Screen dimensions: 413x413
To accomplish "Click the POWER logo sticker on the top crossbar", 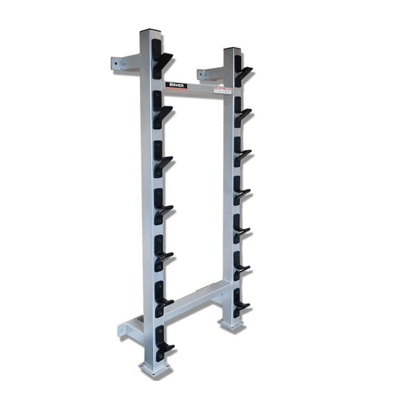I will point(176,85).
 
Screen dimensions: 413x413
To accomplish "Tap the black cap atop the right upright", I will point(232,50).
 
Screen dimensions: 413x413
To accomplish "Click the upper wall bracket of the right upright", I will point(210,74).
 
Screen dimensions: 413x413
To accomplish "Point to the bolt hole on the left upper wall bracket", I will point(116,64).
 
